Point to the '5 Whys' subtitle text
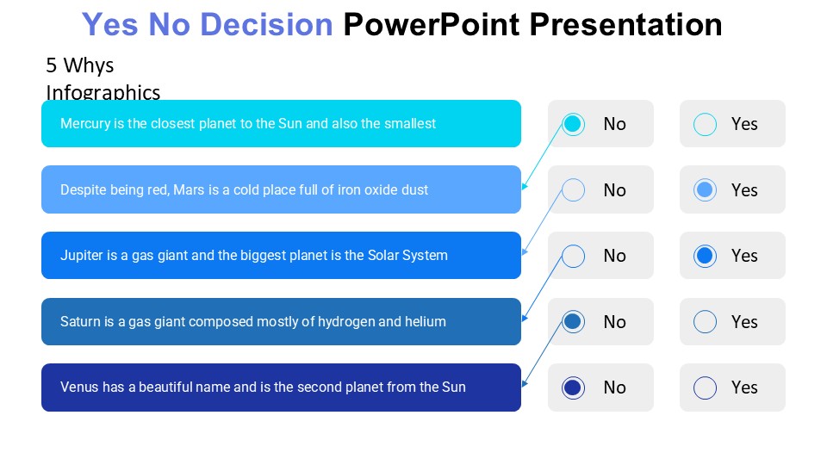(x=80, y=65)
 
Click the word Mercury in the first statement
(x=85, y=124)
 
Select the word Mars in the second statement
(x=190, y=190)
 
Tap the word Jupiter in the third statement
(x=82, y=256)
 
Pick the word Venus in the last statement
(x=79, y=387)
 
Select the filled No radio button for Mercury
(x=573, y=124)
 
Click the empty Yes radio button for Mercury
(x=705, y=124)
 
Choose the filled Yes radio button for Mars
(x=705, y=190)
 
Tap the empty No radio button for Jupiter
(x=573, y=256)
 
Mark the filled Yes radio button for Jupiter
(x=705, y=256)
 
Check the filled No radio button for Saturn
(x=573, y=322)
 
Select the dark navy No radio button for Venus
(x=573, y=387)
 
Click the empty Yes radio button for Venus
(x=705, y=387)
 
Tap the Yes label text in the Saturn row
(x=744, y=322)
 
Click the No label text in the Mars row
(x=614, y=190)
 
